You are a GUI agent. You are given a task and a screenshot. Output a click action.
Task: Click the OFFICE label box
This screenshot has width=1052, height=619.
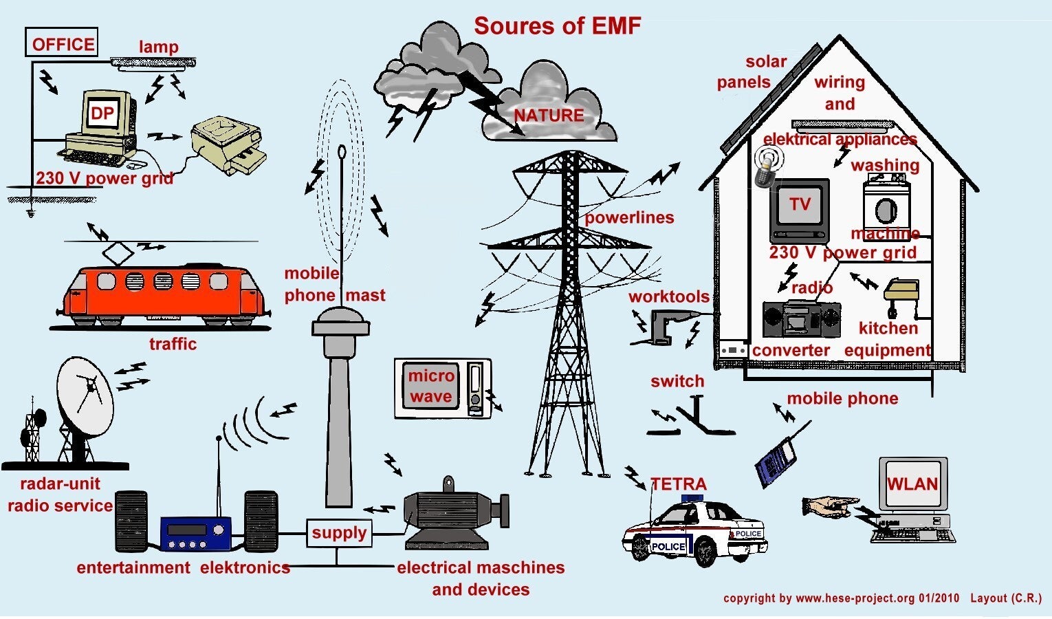click(62, 43)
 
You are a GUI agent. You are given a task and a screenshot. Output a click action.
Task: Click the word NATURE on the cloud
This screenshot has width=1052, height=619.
click(549, 116)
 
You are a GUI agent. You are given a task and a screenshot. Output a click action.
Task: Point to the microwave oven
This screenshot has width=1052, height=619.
click(442, 388)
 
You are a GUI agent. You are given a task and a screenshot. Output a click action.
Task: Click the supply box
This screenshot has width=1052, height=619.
click(339, 533)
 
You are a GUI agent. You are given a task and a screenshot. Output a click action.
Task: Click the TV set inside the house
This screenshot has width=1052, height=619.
click(800, 209)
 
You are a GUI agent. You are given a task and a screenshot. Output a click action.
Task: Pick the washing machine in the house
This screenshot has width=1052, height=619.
click(886, 206)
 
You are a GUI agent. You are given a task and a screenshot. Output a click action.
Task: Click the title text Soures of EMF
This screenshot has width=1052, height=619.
click(557, 26)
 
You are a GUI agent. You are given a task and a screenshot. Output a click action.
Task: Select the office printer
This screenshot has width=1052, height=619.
click(228, 145)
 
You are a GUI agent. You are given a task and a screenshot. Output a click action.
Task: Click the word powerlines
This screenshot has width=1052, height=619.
click(629, 218)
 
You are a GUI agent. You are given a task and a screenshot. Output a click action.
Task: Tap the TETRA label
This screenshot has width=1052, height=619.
click(678, 484)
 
